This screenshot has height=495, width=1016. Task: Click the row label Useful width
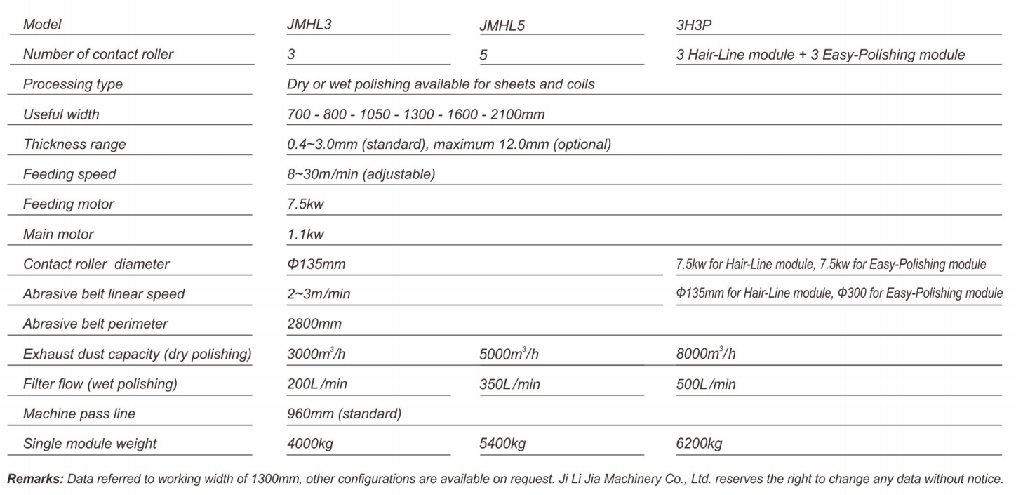coord(62,114)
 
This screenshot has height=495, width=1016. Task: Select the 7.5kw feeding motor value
coord(305,204)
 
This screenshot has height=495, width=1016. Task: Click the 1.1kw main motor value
coord(305,235)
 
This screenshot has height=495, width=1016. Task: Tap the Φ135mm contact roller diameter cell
coord(316,265)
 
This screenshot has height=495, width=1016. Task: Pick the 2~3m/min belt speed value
coord(319,294)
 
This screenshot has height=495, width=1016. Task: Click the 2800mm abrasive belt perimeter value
coord(314,324)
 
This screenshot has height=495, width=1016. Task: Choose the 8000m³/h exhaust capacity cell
coord(705,354)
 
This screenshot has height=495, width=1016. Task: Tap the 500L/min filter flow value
coord(706,384)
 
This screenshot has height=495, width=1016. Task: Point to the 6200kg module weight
coord(699,444)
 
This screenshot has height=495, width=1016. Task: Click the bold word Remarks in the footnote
coord(32,479)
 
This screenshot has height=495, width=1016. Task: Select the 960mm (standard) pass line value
coord(344,414)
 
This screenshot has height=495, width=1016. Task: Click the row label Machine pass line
coord(79,414)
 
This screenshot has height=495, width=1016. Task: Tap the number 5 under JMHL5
coord(483,55)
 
